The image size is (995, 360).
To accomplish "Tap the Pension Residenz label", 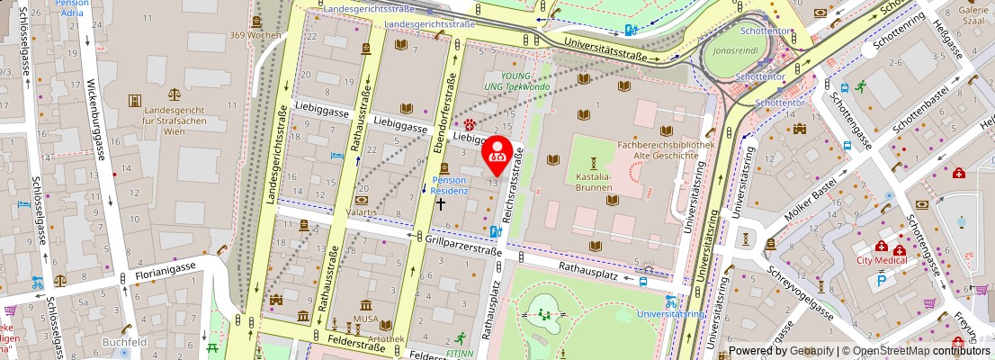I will pos(448,185).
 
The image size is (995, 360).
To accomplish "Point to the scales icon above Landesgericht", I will pos(173,93).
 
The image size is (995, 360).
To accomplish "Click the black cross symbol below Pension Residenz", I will pos(441,204).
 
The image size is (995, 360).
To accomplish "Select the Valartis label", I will pos(362,213).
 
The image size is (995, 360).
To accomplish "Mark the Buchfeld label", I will pos(124,342).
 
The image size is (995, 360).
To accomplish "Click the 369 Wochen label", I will pos(255,35).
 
